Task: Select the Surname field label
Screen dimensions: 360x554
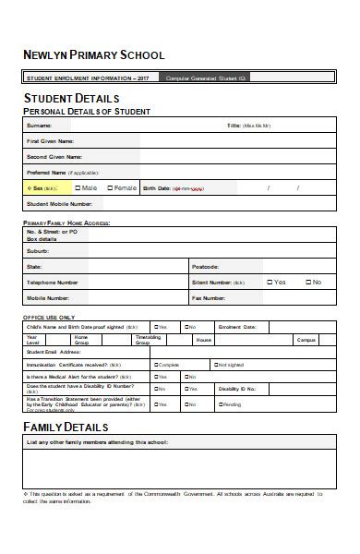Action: point(39,125)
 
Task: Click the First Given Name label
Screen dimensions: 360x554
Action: point(50,140)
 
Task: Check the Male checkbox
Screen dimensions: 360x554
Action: point(78,187)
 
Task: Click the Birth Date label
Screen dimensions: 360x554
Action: point(157,188)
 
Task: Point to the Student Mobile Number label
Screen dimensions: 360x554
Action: point(59,203)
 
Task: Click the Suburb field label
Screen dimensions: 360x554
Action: point(38,250)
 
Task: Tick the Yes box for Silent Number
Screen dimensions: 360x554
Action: point(270,282)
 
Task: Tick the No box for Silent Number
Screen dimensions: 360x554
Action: point(306,282)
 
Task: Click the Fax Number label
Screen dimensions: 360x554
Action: point(209,298)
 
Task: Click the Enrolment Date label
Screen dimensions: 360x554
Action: point(236,327)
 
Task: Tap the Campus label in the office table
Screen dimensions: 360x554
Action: point(306,340)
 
